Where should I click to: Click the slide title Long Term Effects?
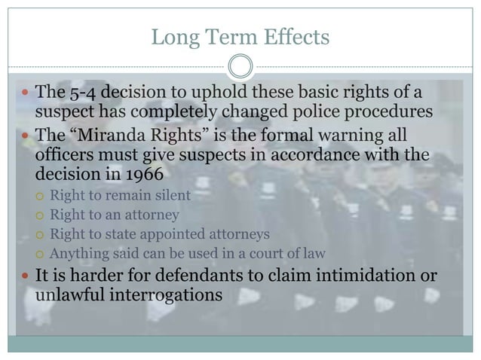click(x=240, y=36)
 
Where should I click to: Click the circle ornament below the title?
click(x=240, y=67)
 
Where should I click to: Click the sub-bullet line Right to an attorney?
click(x=114, y=215)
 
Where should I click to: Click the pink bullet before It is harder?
click(x=25, y=276)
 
